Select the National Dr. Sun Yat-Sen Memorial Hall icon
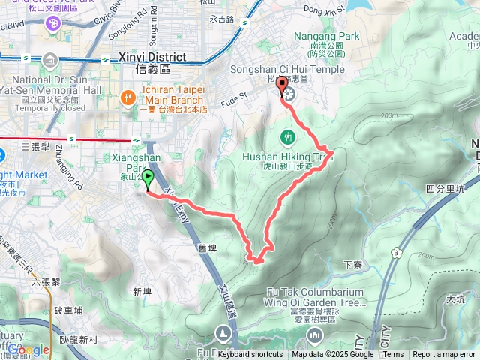pos(49,59)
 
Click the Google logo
pos(28,349)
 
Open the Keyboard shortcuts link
pos(250,355)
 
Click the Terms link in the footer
pos(393,355)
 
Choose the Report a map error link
pos(444,355)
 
